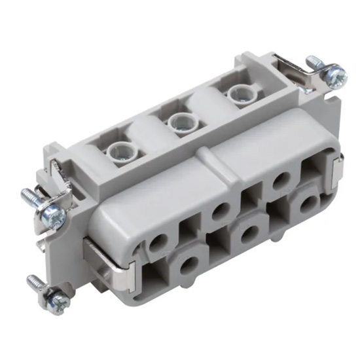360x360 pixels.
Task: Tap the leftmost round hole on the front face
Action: [157, 245]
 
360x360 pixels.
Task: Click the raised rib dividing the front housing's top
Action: [202, 157]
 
